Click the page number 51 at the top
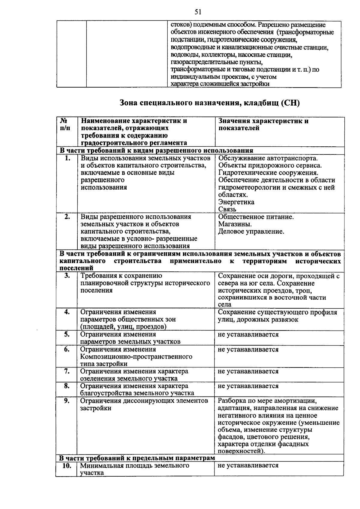click(x=198, y=12)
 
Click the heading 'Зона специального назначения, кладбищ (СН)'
click(x=210, y=103)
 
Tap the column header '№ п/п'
click(x=65, y=124)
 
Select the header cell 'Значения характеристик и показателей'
click(x=263, y=124)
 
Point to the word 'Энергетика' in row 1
click(x=236, y=202)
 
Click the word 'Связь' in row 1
click(x=227, y=209)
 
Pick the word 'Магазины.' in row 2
click(x=235, y=224)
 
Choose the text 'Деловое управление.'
click(x=251, y=232)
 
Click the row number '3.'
click(x=67, y=276)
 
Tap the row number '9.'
click(x=67, y=401)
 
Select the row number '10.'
click(x=66, y=466)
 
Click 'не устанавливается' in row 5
click(x=248, y=334)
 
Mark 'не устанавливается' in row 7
click(x=248, y=371)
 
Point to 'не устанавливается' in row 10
click(x=248, y=465)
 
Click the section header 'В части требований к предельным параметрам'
click(x=137, y=458)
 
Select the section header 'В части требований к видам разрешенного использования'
click(x=156, y=151)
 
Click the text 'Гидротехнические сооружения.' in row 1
click(x=268, y=173)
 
